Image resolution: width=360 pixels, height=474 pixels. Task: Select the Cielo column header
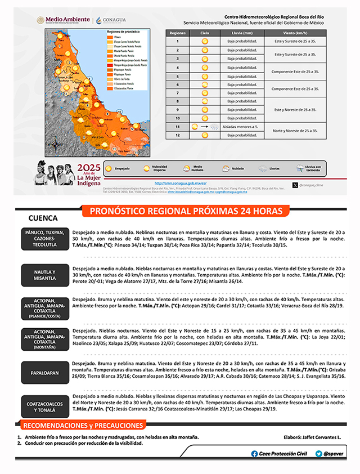click(205, 34)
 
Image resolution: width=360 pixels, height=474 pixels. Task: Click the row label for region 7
click(178, 93)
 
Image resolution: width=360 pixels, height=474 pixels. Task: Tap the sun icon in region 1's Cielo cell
click(205, 42)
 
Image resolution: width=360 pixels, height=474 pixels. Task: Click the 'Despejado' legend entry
click(117, 168)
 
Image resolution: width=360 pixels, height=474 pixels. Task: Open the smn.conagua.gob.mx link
click(181, 183)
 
